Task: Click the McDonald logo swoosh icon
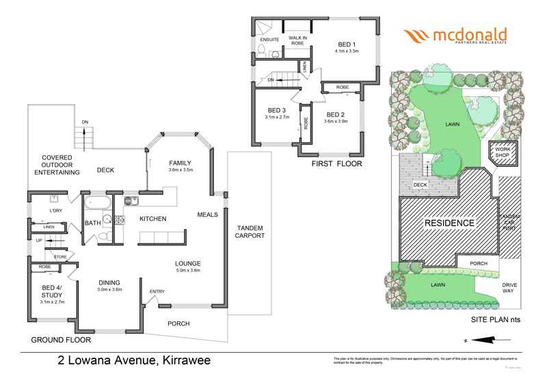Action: pos(416,36)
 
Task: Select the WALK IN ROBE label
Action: pos(297,40)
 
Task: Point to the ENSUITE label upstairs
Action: pos(270,39)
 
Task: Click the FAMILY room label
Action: pos(181,162)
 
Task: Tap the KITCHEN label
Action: pos(153,219)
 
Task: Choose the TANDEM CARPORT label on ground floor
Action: pos(250,232)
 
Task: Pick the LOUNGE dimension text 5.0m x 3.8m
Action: pos(187,271)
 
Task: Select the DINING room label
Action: pos(109,282)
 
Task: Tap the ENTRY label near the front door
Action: pos(157,292)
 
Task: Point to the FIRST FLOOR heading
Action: pos(336,164)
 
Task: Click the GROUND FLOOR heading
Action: pos(61,340)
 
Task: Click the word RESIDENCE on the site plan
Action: pos(449,223)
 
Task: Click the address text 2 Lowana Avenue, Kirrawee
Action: pos(133,360)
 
